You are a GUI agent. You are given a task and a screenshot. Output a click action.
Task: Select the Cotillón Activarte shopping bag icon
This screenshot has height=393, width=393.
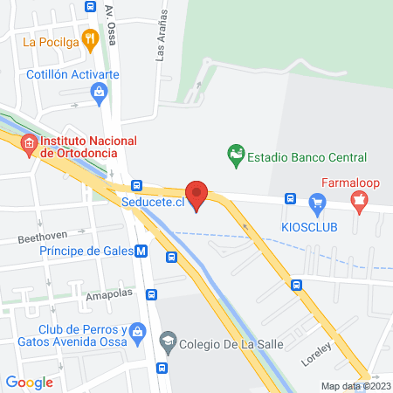click(x=99, y=91)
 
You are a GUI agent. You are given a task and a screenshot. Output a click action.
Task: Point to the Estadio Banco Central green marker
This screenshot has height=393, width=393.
click(x=235, y=157)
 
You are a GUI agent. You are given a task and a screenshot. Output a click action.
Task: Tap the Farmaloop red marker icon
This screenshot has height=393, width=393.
click(x=357, y=203)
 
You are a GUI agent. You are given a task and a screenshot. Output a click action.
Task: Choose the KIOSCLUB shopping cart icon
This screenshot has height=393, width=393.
click(x=317, y=204)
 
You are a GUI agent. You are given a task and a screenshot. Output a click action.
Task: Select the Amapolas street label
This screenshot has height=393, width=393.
click(x=108, y=296)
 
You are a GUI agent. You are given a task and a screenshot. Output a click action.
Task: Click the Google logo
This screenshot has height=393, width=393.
click(x=29, y=382)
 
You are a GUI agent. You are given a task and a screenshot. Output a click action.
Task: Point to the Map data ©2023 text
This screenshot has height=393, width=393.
click(x=355, y=386)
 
